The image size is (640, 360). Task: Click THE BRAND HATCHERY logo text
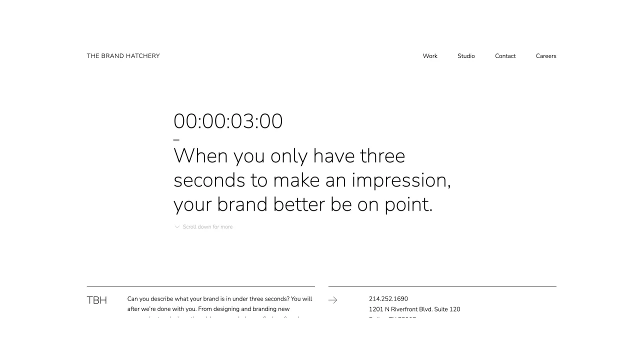[123, 56]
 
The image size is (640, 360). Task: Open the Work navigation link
[430, 56]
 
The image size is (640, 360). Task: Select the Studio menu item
[466, 56]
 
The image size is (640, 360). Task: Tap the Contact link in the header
[505, 56]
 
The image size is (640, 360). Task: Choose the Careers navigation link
[546, 56]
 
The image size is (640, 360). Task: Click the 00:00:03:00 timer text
[228, 121]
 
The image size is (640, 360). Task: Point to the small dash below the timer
[176, 140]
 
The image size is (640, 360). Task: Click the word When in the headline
[200, 156]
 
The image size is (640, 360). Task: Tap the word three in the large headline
[382, 156]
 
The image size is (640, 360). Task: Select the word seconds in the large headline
[209, 180]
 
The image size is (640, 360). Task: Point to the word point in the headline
[407, 204]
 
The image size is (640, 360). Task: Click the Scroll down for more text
[207, 227]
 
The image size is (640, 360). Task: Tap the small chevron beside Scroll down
[177, 227]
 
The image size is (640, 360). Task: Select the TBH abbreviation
[97, 300]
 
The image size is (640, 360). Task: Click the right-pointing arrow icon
[332, 300]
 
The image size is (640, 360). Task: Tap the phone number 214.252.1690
[388, 299]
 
